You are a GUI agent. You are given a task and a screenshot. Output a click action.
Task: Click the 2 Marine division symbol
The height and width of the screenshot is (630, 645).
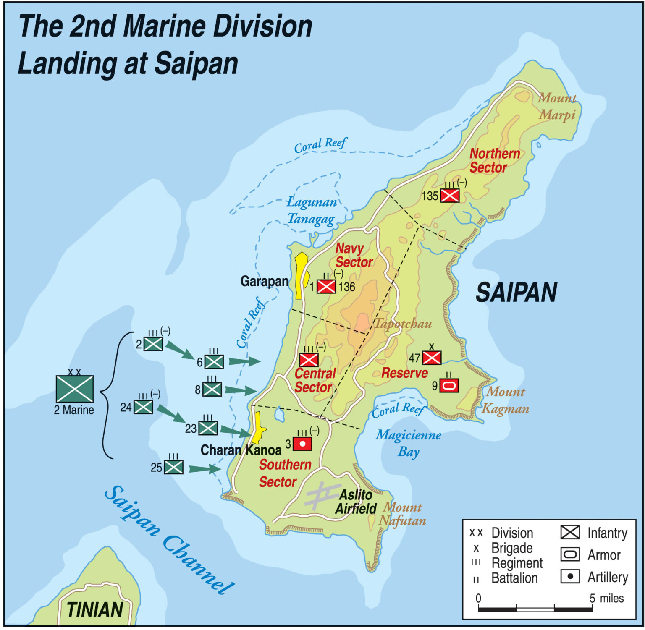pyautogui.click(x=74, y=389)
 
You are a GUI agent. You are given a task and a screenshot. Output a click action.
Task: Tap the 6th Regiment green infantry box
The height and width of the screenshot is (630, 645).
pyautogui.click(x=214, y=361)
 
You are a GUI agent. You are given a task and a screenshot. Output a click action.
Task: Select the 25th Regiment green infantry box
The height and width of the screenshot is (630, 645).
pyautogui.click(x=173, y=467)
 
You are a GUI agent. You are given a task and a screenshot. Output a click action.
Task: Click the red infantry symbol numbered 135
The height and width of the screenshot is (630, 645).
pyautogui.click(x=450, y=196)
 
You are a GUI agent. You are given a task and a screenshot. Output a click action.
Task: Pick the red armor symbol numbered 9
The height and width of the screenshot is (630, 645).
pyautogui.click(x=449, y=385)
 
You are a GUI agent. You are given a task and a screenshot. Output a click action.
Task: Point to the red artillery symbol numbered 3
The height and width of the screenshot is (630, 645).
pyautogui.click(x=302, y=444)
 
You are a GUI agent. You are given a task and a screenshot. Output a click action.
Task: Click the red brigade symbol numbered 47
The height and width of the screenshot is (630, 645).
pyautogui.click(x=432, y=358)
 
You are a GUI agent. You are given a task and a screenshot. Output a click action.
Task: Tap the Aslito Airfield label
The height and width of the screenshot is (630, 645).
pyautogui.click(x=356, y=502)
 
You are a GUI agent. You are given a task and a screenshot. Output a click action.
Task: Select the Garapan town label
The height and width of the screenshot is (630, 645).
pyautogui.click(x=264, y=281)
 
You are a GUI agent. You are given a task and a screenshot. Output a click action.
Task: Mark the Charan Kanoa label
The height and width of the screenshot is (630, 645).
pyautogui.click(x=241, y=450)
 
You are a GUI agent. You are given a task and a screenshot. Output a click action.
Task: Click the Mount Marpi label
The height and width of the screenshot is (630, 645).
pyautogui.click(x=557, y=106)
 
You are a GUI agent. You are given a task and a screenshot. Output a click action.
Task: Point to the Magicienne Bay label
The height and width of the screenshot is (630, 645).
pyautogui.click(x=408, y=443)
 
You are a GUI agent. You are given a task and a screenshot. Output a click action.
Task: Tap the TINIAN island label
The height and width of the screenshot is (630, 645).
pyautogui.click(x=95, y=610)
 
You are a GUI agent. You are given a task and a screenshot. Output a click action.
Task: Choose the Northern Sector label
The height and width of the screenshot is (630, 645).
pyautogui.click(x=494, y=160)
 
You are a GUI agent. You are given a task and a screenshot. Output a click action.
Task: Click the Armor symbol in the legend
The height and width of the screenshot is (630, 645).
pyautogui.click(x=570, y=554)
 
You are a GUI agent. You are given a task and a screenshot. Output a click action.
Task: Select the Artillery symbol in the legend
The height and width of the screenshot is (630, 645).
pyautogui.click(x=570, y=576)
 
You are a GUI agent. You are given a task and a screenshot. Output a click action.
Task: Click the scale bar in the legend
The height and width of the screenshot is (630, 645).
pyautogui.click(x=535, y=608)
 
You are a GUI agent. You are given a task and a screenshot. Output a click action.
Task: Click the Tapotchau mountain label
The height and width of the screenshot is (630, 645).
pyautogui.click(x=402, y=324)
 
